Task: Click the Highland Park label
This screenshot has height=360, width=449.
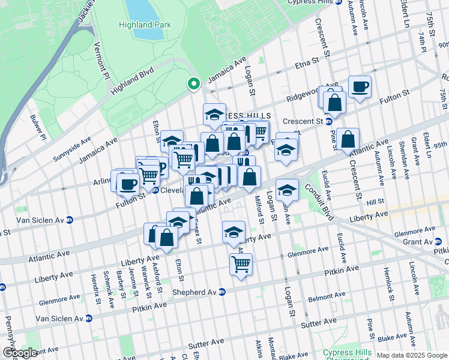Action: [x=145, y=25]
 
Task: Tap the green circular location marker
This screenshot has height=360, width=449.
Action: [x=193, y=84]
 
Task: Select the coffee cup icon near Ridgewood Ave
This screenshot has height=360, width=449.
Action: [x=360, y=86]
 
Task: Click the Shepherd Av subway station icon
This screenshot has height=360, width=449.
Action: [x=221, y=292]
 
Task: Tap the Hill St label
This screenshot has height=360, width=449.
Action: [x=375, y=203]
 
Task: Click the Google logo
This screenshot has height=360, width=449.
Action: [x=19, y=353]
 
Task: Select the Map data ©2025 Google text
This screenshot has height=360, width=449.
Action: [x=411, y=355]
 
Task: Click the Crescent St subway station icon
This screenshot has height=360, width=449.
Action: [x=328, y=121]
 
